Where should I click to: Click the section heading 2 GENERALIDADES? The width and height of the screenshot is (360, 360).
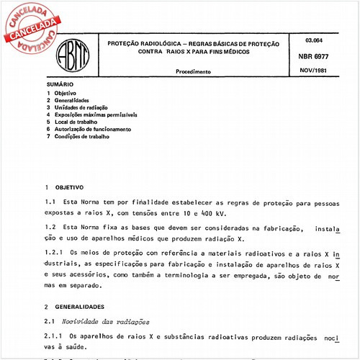tap(74, 306)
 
